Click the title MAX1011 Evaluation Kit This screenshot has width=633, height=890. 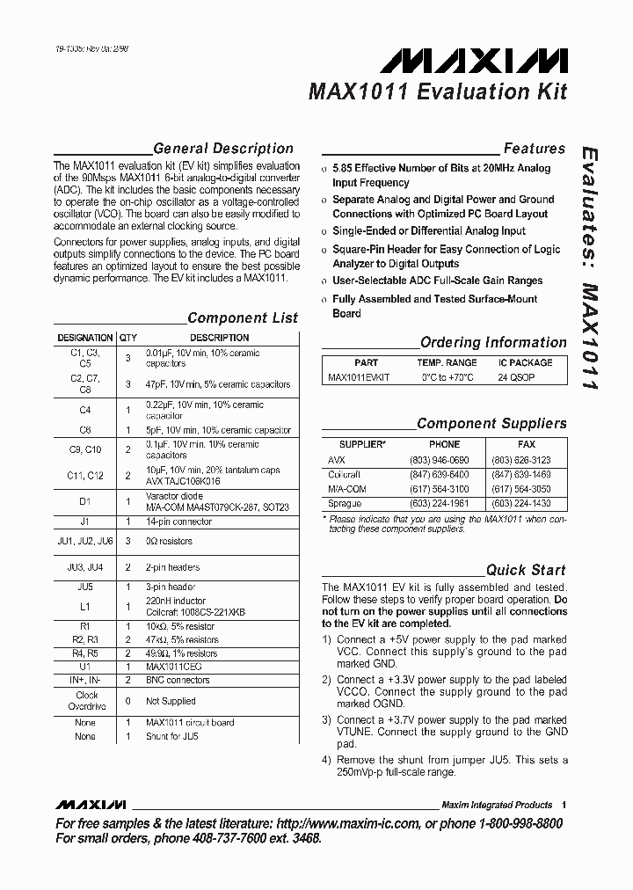tap(437, 91)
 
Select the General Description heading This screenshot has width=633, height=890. tap(222, 149)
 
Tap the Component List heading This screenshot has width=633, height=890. tap(243, 318)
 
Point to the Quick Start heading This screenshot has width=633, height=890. tap(526, 570)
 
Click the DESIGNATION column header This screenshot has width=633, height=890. tap(85, 338)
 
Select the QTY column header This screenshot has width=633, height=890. tap(128, 338)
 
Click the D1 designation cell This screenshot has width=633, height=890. tap(85, 501)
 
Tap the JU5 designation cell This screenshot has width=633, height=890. tap(85, 587)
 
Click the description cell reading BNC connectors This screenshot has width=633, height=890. tap(178, 680)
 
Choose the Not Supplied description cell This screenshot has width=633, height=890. tap(171, 701)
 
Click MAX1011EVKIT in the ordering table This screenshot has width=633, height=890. tap(359, 376)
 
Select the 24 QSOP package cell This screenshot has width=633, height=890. tap(517, 376)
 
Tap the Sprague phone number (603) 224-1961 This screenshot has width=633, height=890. tap(439, 503)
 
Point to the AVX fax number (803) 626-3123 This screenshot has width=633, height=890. tap(520, 460)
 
